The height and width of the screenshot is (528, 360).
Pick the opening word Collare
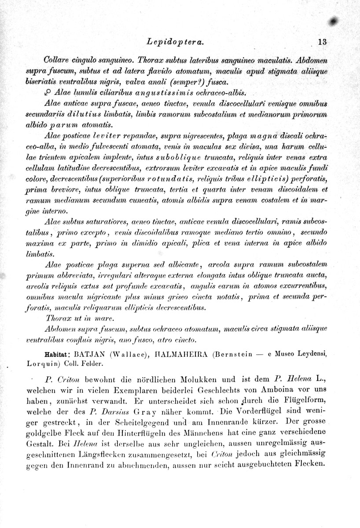(x=57, y=60)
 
